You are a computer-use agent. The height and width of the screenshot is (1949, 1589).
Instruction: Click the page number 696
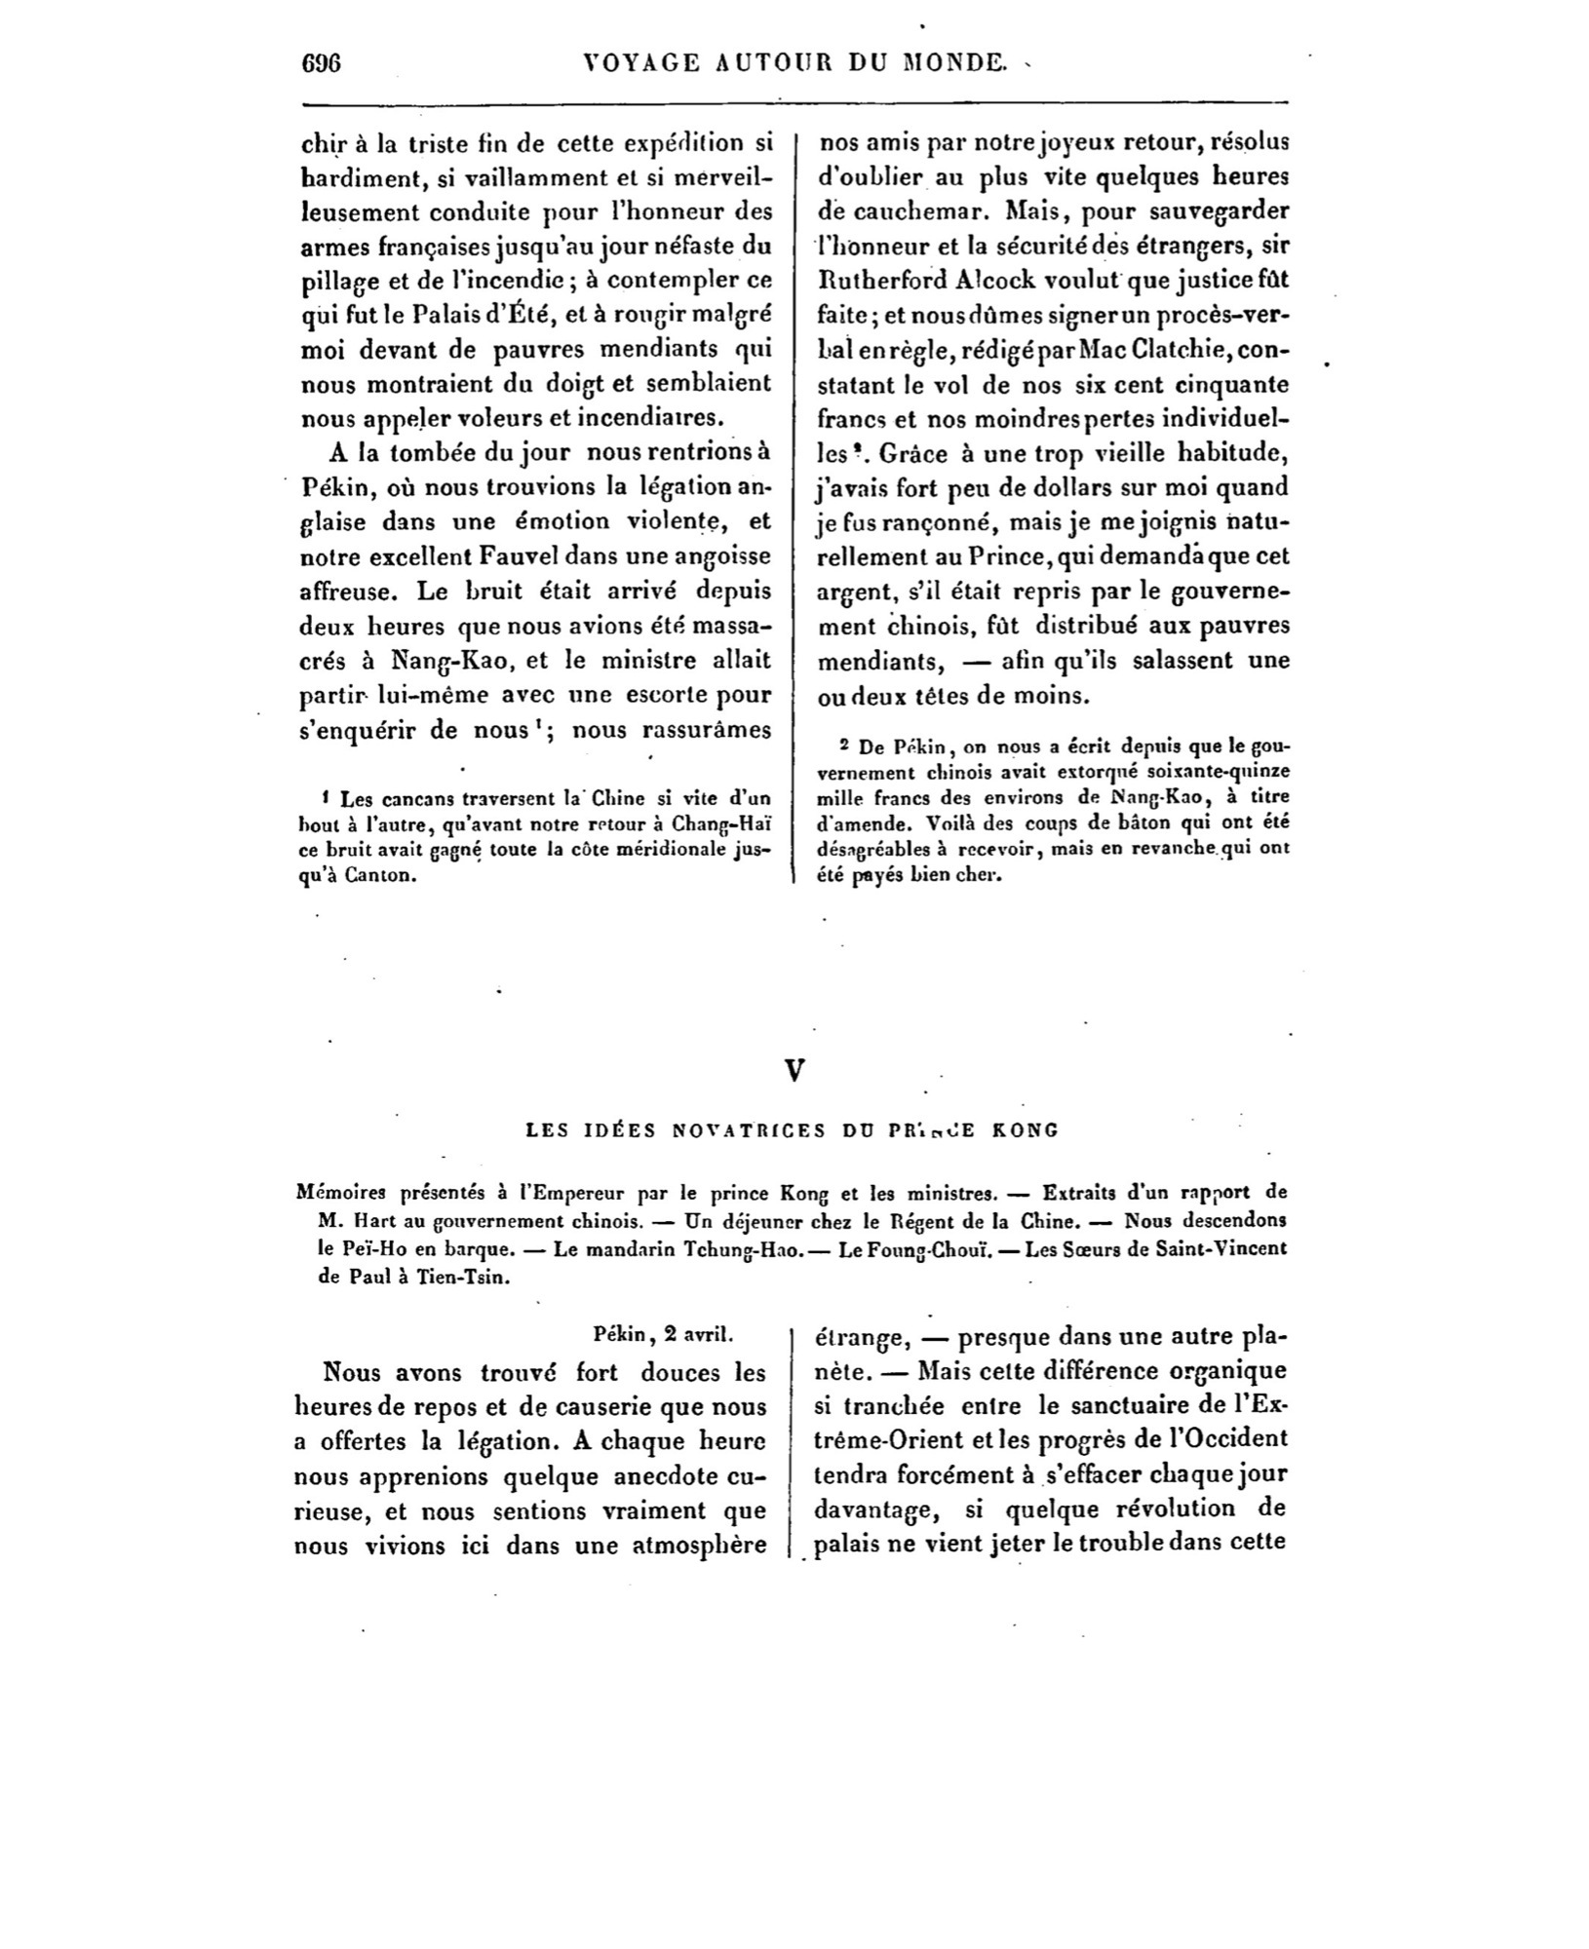click(x=320, y=63)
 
